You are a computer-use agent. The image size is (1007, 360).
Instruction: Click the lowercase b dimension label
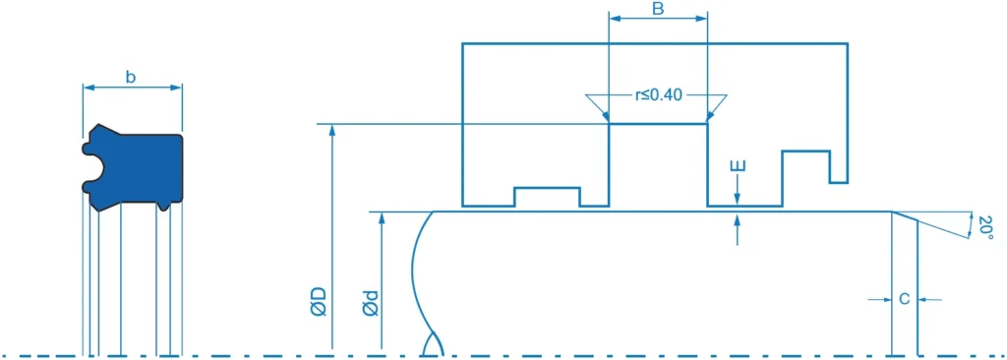(x=131, y=77)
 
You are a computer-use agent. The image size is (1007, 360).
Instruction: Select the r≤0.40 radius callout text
(x=658, y=95)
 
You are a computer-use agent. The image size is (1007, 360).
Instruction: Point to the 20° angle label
(x=986, y=228)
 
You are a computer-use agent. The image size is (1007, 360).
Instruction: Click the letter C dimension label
(x=904, y=299)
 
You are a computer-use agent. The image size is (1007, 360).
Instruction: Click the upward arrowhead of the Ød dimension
(x=383, y=218)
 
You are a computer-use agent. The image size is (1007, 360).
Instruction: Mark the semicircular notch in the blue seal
(x=93, y=167)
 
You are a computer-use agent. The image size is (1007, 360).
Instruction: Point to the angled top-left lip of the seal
(x=106, y=130)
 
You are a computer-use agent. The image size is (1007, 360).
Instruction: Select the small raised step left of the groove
(x=547, y=197)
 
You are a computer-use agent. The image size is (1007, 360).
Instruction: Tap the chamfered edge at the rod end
(x=905, y=216)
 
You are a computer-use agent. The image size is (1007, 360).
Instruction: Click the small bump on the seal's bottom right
(x=163, y=206)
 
